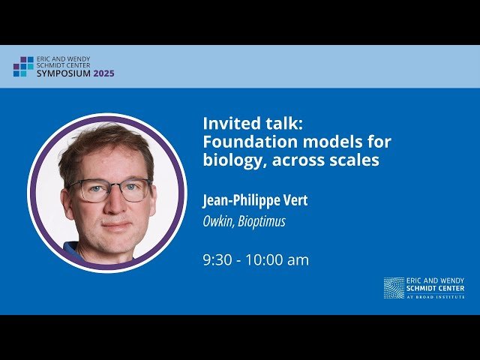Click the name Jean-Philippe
241,201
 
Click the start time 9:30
217,260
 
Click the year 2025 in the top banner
104,73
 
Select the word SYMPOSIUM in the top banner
64,73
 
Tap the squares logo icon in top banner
23,66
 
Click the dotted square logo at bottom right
394,288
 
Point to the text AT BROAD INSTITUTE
436,297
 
